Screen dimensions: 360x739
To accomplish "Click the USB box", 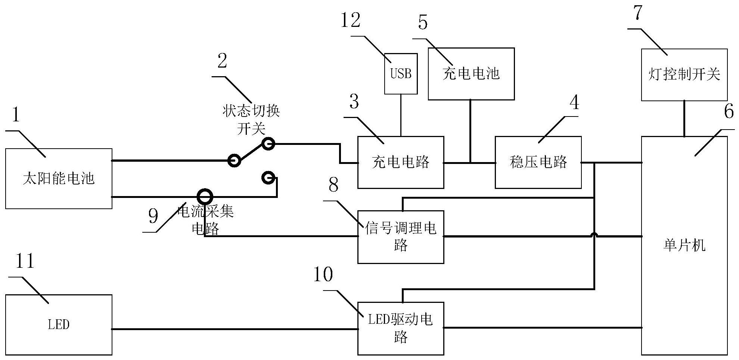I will tap(401, 74).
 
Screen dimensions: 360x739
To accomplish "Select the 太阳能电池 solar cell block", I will tap(59, 179).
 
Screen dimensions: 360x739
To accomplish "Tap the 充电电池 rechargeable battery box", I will tap(471, 74).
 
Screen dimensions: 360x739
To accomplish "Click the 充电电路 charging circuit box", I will tap(401, 162).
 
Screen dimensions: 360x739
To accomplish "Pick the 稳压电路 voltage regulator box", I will tap(538, 162).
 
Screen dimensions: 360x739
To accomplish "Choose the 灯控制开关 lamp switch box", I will tap(684, 74).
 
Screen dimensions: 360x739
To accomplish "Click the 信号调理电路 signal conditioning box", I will tap(401, 237).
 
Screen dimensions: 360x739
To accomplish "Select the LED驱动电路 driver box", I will tap(401, 328).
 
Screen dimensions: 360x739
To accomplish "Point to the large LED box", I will tap(59, 325).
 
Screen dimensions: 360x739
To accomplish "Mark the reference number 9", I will tap(153, 216).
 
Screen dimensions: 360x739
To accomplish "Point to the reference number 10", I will tap(323, 274).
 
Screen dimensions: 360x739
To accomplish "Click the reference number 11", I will tap(25, 261).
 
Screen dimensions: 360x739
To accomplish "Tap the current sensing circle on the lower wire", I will tap(205, 196).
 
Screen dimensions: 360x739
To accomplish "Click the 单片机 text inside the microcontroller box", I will tap(684, 245).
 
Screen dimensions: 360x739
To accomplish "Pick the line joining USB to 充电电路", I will tap(401, 115).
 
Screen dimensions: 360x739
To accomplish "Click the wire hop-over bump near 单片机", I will tap(594, 235).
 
